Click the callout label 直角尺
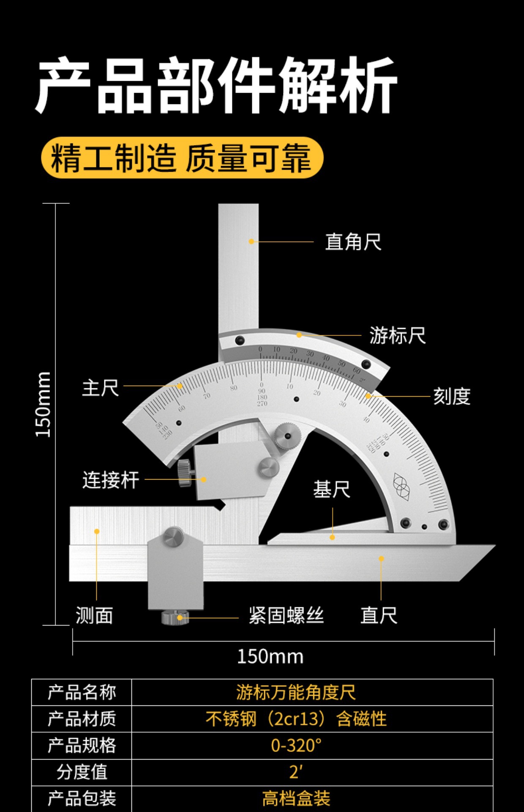click(x=353, y=242)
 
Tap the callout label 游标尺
click(x=397, y=336)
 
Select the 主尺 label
click(x=100, y=388)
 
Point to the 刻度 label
click(x=451, y=397)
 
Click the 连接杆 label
click(x=111, y=480)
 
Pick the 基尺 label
click(x=332, y=490)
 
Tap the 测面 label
click(x=94, y=615)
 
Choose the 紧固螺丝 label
click(x=286, y=615)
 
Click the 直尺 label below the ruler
click(x=379, y=615)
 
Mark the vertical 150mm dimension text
click(x=44, y=404)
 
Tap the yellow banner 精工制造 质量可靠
click(x=182, y=158)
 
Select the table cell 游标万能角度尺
click(x=296, y=692)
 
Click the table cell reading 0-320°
click(x=296, y=746)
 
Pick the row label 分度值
click(x=82, y=772)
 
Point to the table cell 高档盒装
click(x=296, y=798)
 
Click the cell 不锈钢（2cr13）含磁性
click(x=296, y=719)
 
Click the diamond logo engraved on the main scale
click(x=401, y=486)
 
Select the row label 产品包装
click(x=82, y=798)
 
